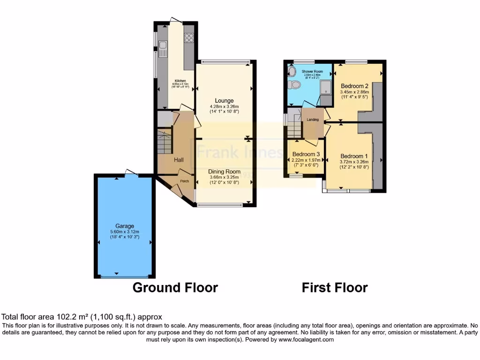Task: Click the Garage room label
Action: pyautogui.click(x=126, y=226)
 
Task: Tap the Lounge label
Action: pyautogui.click(x=224, y=101)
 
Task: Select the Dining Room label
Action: pyautogui.click(x=224, y=172)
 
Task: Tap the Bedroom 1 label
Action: pyautogui.click(x=354, y=156)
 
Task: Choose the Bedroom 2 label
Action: pyautogui.click(x=354, y=86)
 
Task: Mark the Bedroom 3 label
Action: pyautogui.click(x=306, y=154)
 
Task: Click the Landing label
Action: pyautogui.click(x=313, y=120)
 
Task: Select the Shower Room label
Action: pyautogui.click(x=312, y=71)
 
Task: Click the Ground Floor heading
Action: pyautogui.click(x=175, y=287)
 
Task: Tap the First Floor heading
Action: pyautogui.click(x=335, y=287)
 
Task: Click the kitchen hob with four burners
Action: pyautogui.click(x=189, y=37)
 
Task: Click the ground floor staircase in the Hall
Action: pyautogui.click(x=165, y=142)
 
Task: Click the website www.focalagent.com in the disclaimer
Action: pyautogui.click(x=306, y=339)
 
